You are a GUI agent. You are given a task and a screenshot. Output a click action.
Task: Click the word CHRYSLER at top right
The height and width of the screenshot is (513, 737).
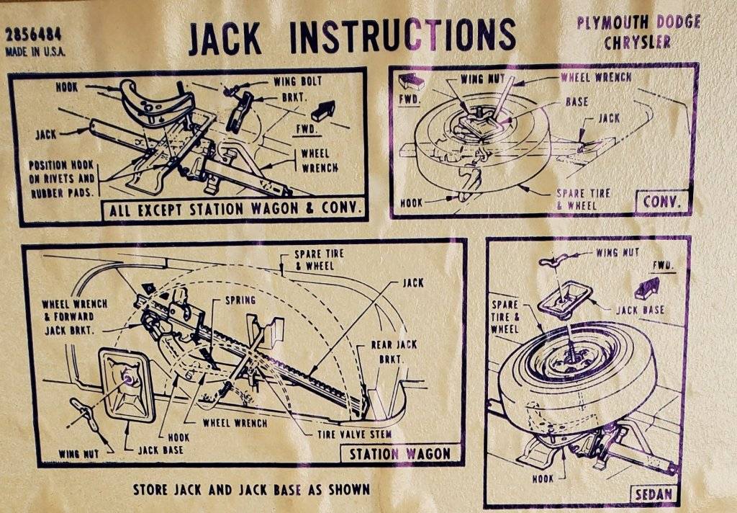pyautogui.click(x=637, y=43)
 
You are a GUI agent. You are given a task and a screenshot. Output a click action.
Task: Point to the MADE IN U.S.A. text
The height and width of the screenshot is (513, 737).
pyautogui.click(x=35, y=52)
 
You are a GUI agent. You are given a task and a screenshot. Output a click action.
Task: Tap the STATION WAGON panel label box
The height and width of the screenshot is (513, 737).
pyautogui.click(x=399, y=454)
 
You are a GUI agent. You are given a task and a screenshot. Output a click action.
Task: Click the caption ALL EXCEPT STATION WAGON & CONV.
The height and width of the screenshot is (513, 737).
pyautogui.click(x=233, y=211)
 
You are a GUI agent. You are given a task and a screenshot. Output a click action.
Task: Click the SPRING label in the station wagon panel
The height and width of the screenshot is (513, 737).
pyautogui.click(x=240, y=300)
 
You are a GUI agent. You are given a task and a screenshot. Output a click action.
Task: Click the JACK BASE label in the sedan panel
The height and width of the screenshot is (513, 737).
pyautogui.click(x=639, y=310)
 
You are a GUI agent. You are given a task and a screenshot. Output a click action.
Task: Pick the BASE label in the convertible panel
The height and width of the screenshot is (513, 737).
pyautogui.click(x=576, y=102)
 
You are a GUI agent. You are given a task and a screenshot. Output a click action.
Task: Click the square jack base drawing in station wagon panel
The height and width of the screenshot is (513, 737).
pyautogui.click(x=127, y=384)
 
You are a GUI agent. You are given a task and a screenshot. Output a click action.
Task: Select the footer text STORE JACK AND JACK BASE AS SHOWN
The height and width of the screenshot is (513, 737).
pyautogui.click(x=251, y=489)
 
